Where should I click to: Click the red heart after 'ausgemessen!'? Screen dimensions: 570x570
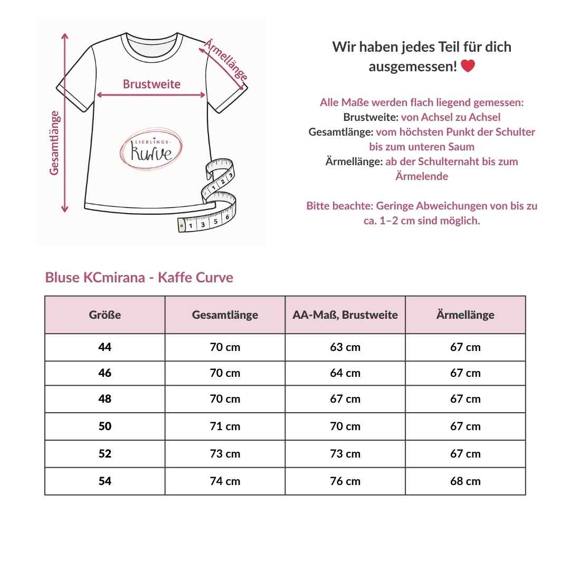pos(468,66)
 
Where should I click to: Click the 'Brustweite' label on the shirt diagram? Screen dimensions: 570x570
pos(151,84)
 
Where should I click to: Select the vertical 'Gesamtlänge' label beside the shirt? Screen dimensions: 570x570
pos(54,142)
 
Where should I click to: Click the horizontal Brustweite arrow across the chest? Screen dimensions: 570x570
pos(151,96)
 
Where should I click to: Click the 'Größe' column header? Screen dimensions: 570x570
pos(105,315)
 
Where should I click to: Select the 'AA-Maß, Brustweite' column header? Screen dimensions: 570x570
pos(345,315)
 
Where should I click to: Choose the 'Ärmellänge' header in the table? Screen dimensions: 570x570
pos(465,315)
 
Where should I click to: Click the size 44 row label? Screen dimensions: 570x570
pos(105,347)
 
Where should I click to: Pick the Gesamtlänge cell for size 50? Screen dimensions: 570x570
pos(225,426)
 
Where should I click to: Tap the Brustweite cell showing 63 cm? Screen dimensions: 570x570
pos(345,347)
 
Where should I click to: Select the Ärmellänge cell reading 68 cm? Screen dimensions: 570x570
pos(465,481)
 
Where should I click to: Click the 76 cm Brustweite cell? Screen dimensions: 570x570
pos(345,481)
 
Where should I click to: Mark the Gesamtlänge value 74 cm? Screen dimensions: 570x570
pos(225,481)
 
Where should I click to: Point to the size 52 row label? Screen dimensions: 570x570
pos(105,454)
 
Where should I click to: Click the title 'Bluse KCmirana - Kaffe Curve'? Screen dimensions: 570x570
pos(139,278)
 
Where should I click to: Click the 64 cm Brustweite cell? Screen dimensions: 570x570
pos(345,373)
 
